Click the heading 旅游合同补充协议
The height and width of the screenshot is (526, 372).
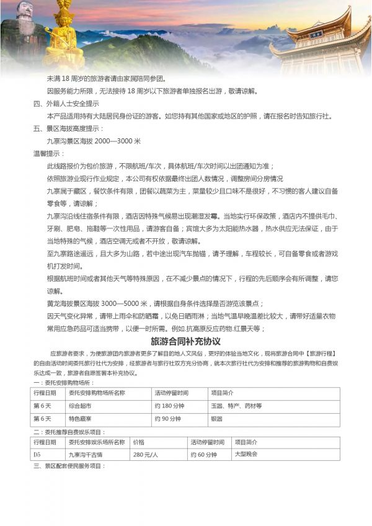[186, 342]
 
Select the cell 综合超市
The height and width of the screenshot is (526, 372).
[80, 406]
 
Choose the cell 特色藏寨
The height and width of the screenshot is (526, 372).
[80, 419]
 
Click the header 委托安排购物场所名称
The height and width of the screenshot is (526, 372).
[96, 393]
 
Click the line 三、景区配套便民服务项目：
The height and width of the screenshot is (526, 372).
[74, 466]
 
